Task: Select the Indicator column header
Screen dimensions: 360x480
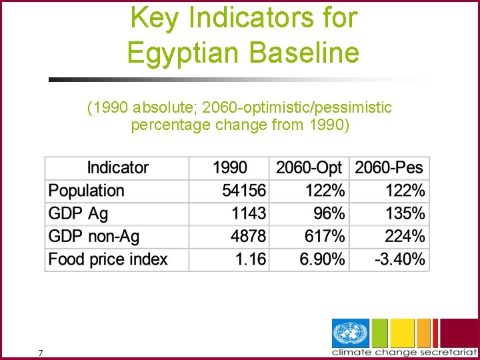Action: coord(117,168)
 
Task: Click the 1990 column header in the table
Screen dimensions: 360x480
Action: coord(229,168)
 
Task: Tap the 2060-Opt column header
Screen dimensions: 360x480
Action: coord(309,168)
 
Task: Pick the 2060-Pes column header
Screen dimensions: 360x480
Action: coord(389,168)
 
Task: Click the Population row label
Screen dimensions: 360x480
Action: coord(87,191)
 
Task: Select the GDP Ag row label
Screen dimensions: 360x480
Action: coord(78,213)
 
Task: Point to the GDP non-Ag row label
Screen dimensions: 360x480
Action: coord(94,236)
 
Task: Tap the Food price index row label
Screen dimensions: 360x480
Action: coord(108,259)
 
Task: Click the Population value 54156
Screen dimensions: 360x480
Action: coord(244,191)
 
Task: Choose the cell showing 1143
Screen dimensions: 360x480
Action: coord(249,213)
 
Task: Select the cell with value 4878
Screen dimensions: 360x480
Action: coord(249,236)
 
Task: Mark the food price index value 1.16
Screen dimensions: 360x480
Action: coord(251,259)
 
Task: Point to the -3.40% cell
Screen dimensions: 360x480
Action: coord(399,259)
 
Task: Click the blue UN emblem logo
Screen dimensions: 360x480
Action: coord(351,333)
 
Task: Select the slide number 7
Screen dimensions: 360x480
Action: coord(41,353)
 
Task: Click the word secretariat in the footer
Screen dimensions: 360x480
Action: coord(445,352)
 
